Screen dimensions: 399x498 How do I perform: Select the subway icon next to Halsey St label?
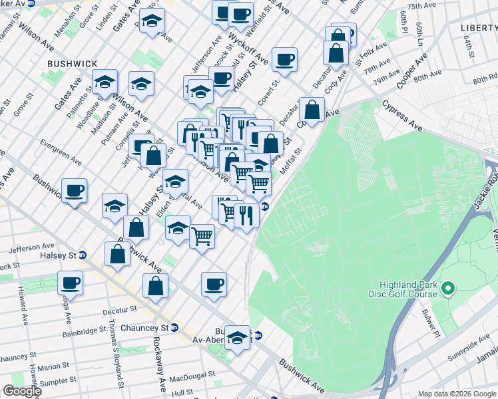point(83,255)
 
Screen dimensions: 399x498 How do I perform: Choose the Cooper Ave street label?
point(411,75)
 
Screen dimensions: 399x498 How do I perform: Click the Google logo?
point(21,390)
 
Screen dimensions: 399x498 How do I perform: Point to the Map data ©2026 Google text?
point(456,394)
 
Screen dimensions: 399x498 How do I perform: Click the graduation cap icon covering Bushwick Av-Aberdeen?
point(237,338)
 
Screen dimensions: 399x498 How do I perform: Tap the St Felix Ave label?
point(371,54)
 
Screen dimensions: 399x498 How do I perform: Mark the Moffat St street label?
point(291,161)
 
